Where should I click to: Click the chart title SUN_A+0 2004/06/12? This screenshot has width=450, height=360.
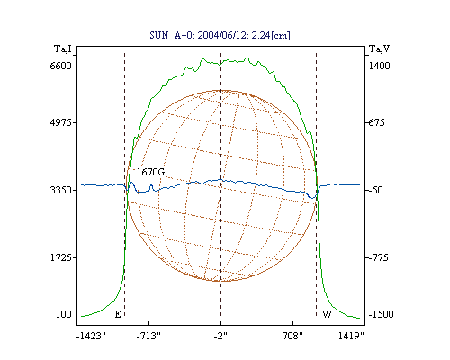220,35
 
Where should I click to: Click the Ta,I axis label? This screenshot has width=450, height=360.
63,49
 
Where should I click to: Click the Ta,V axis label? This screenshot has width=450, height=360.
379,49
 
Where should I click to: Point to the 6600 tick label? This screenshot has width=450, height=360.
61,66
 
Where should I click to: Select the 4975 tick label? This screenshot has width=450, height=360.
61,122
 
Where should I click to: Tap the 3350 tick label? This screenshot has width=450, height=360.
61,190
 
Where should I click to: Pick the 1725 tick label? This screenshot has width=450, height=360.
61,257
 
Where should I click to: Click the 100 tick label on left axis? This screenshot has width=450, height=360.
64,314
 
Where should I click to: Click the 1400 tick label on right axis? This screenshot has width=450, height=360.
379,66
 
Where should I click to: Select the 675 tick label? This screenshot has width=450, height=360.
377,122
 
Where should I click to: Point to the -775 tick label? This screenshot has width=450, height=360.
378,257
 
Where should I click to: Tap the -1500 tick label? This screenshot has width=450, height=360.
381,314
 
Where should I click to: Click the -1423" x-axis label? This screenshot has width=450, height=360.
91,336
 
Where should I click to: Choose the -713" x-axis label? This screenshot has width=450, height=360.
148,336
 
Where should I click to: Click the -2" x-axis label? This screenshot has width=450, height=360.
220,336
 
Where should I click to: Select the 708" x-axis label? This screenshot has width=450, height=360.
292,336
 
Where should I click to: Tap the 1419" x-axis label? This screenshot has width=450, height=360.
351,336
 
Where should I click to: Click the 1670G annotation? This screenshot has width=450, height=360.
150,172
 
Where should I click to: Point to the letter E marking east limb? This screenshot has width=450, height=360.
118,314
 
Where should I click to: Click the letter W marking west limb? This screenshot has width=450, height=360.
327,314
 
